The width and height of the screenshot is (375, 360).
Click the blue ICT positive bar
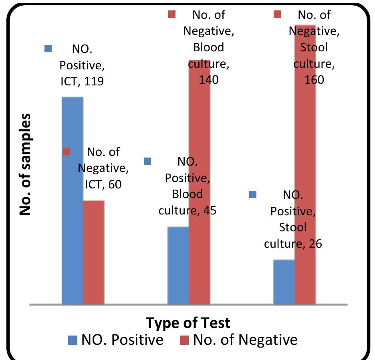click(x=72, y=200)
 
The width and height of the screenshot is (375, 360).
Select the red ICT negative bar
click(x=94, y=253)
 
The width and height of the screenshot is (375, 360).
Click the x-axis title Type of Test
click(x=188, y=323)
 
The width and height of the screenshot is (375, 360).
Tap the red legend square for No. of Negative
click(x=184, y=340)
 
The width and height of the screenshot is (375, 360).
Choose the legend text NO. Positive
click(x=122, y=340)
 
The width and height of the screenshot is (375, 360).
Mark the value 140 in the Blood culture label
click(x=209, y=79)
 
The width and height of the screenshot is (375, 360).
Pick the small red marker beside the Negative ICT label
click(x=67, y=151)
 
